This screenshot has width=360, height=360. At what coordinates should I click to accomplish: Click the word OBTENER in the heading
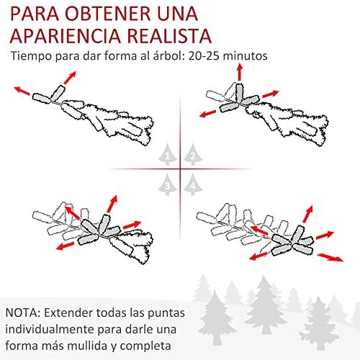108,14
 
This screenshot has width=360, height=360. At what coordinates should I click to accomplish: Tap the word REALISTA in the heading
169,36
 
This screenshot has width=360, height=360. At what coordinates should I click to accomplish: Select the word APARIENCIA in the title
66,36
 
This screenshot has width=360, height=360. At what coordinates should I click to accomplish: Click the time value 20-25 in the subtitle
204,55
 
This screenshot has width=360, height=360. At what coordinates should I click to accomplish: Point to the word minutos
245,55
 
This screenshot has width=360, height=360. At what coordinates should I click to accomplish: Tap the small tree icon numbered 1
168,154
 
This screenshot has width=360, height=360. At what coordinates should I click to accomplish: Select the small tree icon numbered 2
193,154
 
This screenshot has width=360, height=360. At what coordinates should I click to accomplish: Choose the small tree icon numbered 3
168,184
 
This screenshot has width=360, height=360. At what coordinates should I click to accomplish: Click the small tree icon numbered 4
193,184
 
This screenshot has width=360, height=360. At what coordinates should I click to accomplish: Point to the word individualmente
50,329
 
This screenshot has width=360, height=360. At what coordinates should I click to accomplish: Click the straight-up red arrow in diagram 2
240,72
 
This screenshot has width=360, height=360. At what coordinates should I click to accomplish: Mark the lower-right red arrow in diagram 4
330,257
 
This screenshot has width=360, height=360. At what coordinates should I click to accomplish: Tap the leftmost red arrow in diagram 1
22,91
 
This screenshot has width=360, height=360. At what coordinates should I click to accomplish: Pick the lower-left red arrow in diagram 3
66,246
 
